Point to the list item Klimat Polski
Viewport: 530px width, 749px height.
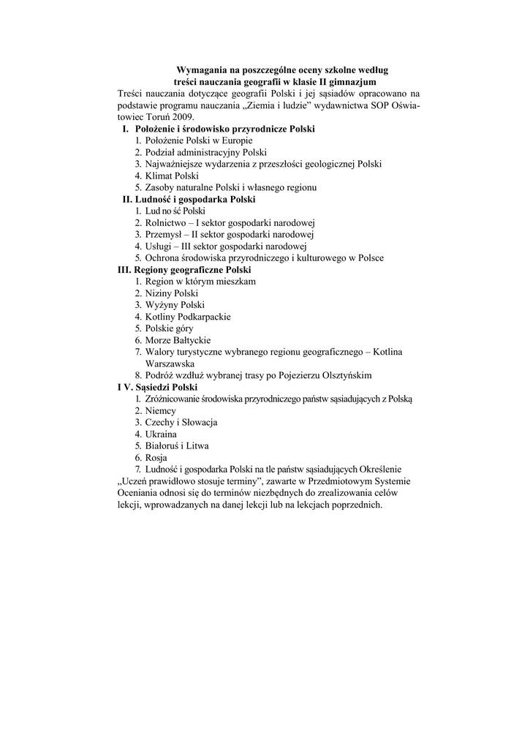click(x=172, y=176)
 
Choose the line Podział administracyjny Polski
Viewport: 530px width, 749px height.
click(x=205, y=152)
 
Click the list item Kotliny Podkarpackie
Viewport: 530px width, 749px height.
click(x=188, y=316)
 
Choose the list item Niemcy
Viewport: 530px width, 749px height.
click(x=161, y=410)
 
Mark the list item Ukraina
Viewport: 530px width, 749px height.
click(x=161, y=434)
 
